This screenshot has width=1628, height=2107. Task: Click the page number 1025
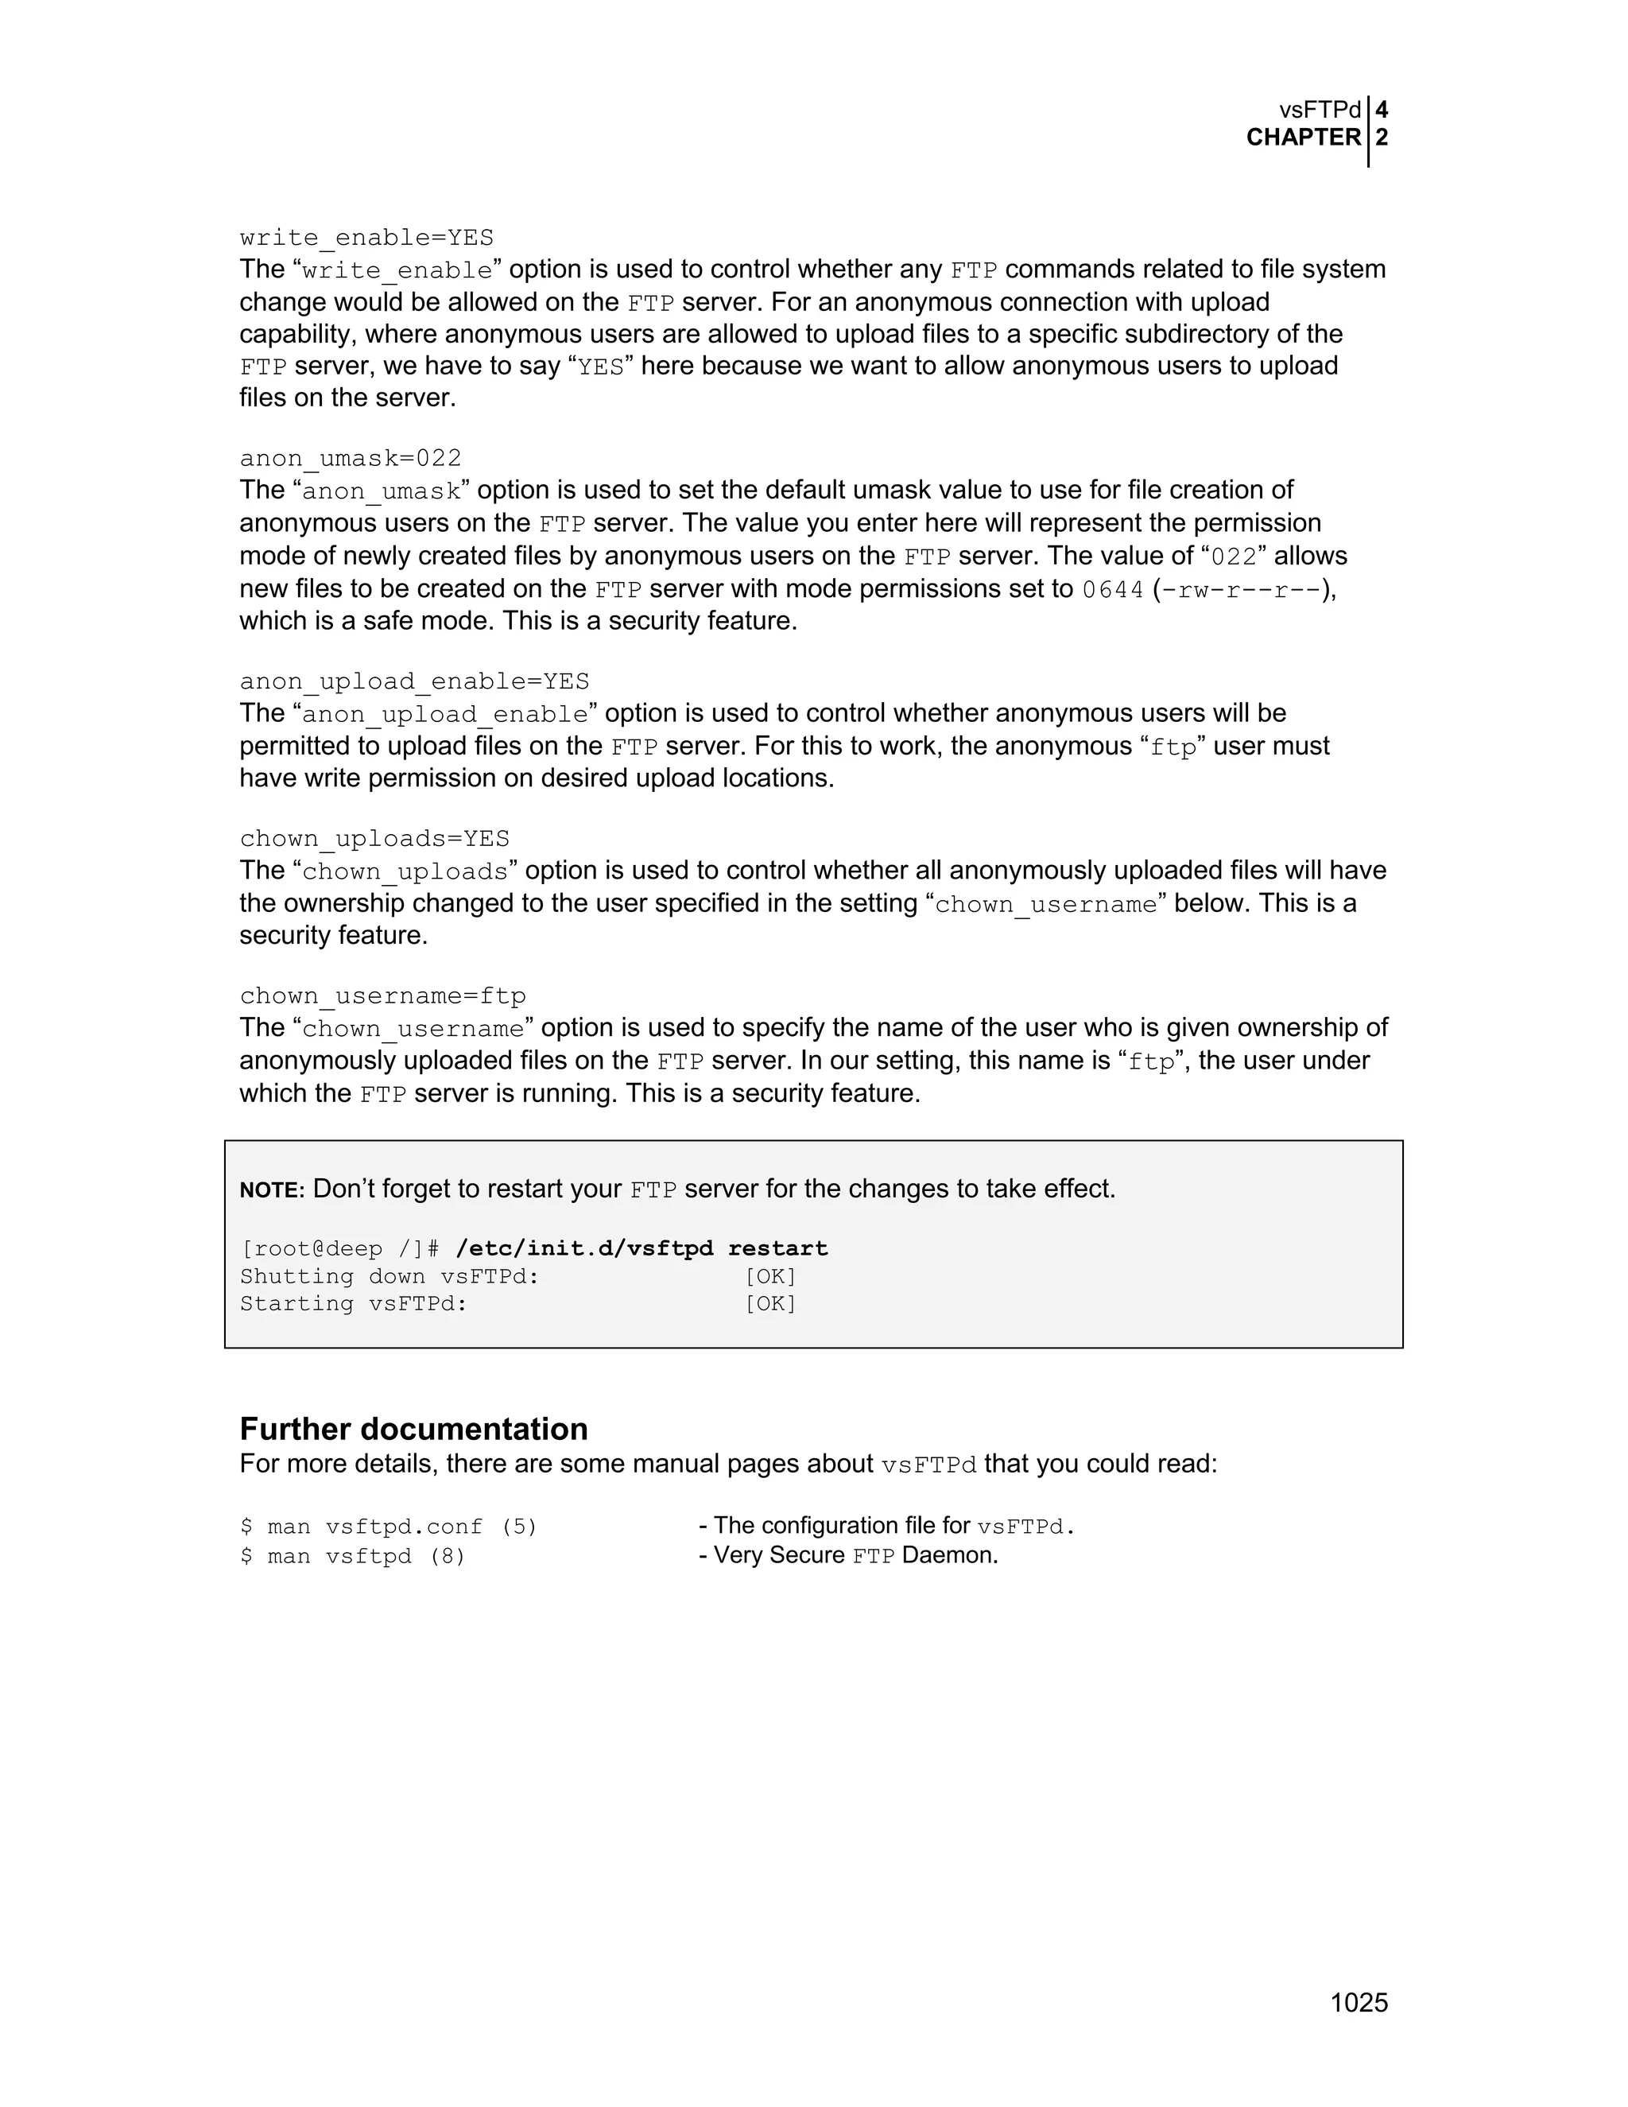pos(1358,2003)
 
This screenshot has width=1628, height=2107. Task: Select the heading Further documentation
pos(413,1429)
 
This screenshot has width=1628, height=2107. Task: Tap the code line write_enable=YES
pos(366,237)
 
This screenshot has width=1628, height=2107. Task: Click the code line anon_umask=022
pos(350,457)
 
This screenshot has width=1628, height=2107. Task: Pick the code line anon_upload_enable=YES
pos(413,681)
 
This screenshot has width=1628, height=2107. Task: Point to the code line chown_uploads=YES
pos(374,838)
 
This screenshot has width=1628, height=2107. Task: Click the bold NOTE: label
pos(272,1190)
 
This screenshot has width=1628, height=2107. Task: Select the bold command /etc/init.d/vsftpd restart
pos(642,1248)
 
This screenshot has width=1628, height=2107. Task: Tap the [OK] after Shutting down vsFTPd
pos(770,1276)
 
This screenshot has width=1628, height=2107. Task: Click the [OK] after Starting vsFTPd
pos(770,1304)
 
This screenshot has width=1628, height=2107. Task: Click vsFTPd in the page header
pos(1320,110)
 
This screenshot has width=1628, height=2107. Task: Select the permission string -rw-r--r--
pos(1244,589)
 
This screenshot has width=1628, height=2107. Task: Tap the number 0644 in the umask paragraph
pos(1112,589)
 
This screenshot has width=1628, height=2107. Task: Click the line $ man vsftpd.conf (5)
pos(388,1527)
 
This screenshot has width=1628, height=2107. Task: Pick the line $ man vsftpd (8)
pos(352,1556)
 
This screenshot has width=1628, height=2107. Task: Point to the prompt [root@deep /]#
pos(339,1249)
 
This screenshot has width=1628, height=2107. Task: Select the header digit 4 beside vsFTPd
pos(1381,110)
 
